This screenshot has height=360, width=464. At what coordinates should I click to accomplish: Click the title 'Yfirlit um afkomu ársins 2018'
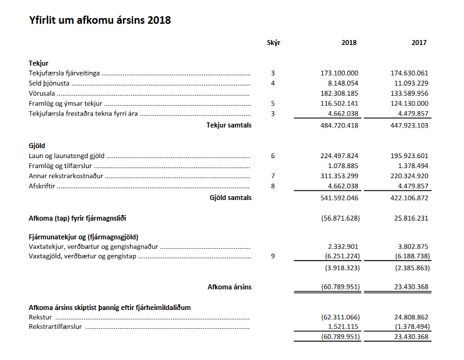point(100,20)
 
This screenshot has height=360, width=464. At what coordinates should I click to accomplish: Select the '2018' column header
point(349,42)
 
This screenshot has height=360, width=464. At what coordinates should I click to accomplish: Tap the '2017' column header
point(419,42)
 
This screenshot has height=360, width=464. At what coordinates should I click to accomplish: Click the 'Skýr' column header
point(273,42)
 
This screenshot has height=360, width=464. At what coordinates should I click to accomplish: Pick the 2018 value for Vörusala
point(339,93)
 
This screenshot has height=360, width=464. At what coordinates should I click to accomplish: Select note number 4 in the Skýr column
point(273,83)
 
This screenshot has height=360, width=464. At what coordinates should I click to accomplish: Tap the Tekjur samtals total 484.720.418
point(339,125)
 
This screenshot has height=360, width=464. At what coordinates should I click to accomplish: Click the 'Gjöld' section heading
point(38,145)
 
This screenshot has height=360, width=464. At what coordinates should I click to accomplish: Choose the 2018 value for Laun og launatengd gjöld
point(339,156)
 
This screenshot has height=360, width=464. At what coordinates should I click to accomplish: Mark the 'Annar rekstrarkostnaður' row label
point(66,176)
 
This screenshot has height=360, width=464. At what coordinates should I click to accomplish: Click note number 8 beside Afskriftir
point(273,186)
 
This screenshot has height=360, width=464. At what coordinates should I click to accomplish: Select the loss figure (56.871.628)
point(339,217)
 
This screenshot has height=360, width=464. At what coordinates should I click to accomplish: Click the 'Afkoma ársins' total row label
point(229,287)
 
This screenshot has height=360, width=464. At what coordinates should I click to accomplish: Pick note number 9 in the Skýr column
point(273,257)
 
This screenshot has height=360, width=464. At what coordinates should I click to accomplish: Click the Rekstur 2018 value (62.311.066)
point(339,317)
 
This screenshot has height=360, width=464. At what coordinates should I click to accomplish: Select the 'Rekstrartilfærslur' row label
point(56,327)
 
